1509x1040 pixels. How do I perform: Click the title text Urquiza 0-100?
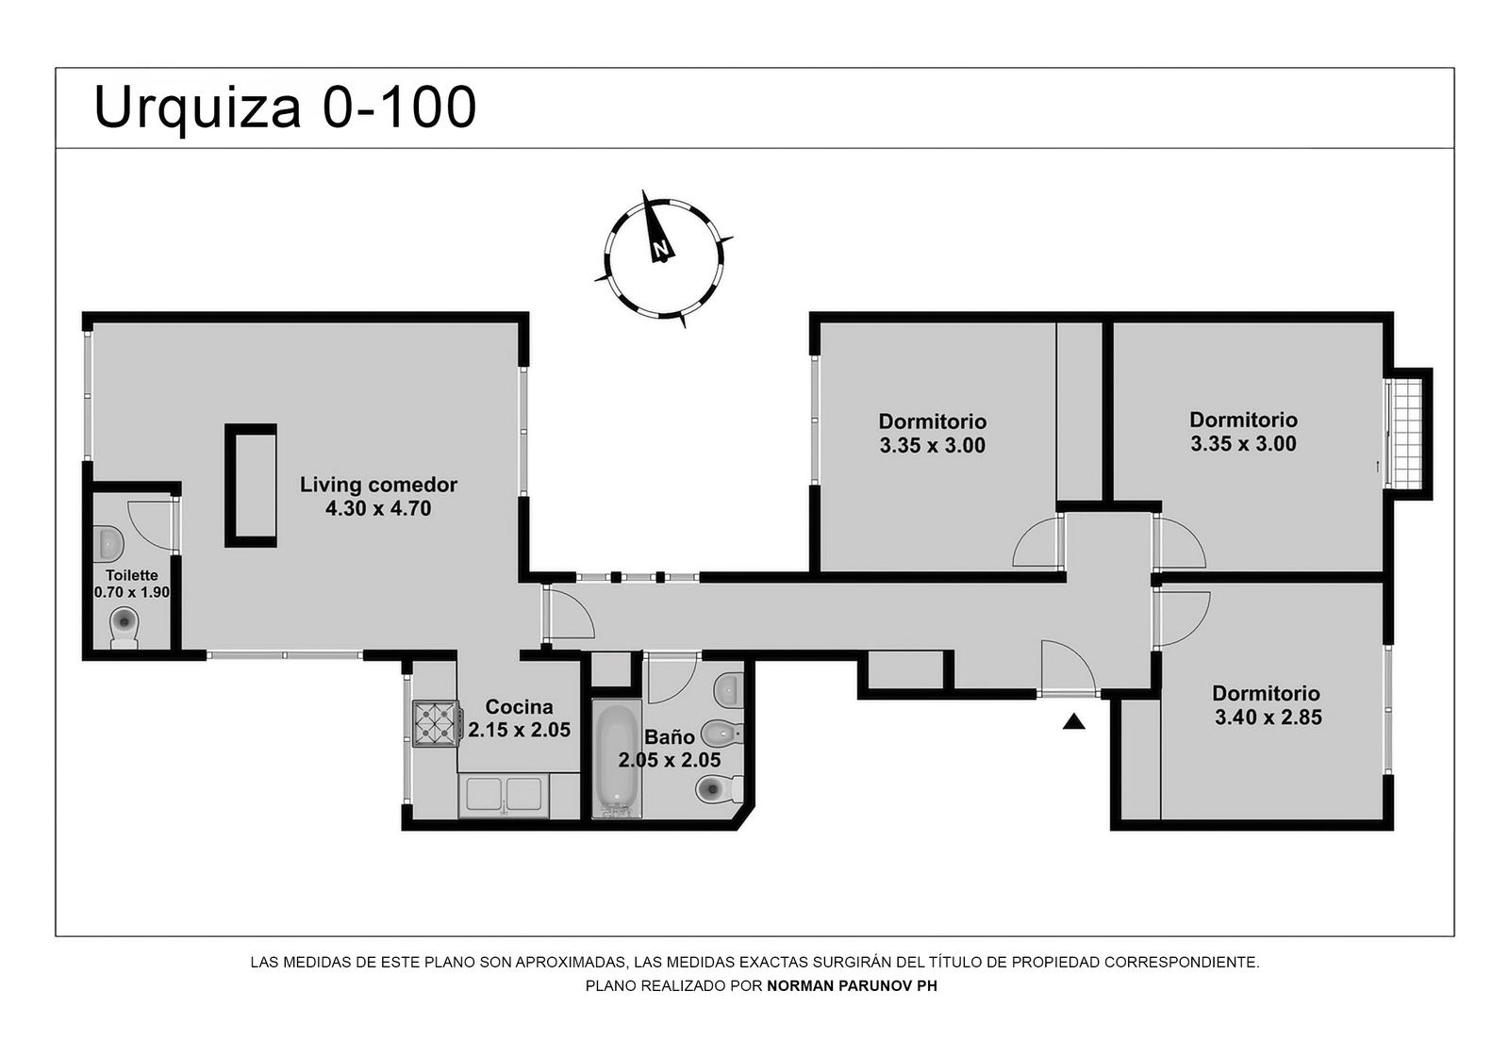click(x=285, y=108)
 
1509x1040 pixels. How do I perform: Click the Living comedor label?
click(x=378, y=485)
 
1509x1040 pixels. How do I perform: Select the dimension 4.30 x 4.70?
click(x=378, y=508)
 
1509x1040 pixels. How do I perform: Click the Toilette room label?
click(x=132, y=575)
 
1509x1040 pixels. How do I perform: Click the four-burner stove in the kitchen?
click(x=437, y=724)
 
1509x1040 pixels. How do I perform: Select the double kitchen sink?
click(x=504, y=795)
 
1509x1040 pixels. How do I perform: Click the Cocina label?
click(x=520, y=706)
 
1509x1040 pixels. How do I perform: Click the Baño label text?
click(x=669, y=737)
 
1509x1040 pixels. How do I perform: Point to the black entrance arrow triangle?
click(x=1074, y=721)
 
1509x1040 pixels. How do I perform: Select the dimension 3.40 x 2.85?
click(x=1268, y=718)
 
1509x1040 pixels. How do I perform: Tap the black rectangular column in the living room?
click(x=251, y=485)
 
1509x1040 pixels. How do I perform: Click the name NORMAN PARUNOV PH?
click(x=853, y=985)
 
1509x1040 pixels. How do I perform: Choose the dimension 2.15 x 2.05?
click(x=520, y=730)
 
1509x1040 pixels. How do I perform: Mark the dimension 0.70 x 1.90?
click(x=132, y=592)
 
